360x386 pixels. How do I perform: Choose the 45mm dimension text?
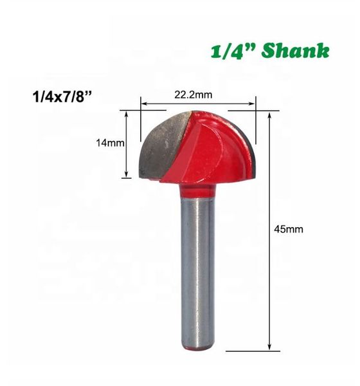[287, 229]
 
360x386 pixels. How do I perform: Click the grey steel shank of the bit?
[197, 270]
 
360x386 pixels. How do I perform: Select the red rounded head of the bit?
[206, 145]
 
